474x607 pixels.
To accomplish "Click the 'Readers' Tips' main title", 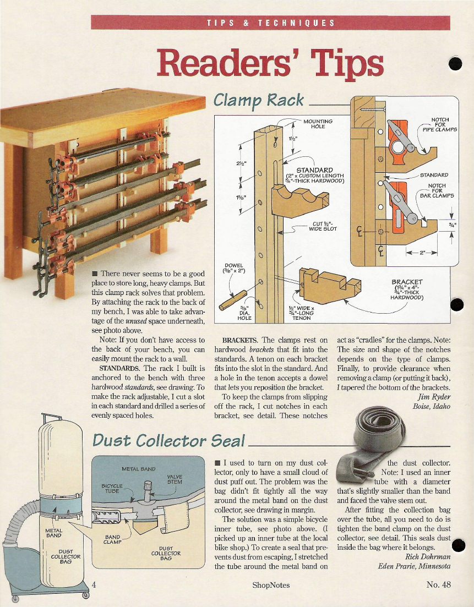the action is pyautogui.click(x=270, y=64).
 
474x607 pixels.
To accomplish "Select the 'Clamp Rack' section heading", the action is pyautogui.click(x=258, y=100).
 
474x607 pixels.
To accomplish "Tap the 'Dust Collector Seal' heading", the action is pyautogui.click(x=169, y=441).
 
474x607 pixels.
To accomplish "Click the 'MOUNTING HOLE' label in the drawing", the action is pyautogui.click(x=318, y=124).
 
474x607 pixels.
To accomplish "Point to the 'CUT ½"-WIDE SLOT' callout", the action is pyautogui.click(x=323, y=226).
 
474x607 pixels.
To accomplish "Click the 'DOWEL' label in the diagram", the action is pyautogui.click(x=233, y=266).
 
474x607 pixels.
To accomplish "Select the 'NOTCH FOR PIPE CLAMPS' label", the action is pyautogui.click(x=439, y=125).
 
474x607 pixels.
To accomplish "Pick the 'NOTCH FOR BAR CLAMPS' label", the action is pyautogui.click(x=437, y=190).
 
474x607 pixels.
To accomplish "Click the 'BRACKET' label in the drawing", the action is pyautogui.click(x=407, y=282).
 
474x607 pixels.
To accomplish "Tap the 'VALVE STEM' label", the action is pyautogui.click(x=175, y=479).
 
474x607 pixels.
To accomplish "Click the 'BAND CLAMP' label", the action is pyautogui.click(x=113, y=539).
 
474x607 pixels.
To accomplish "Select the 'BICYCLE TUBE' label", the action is pyautogui.click(x=112, y=488).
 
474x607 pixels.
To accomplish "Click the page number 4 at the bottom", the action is pyautogui.click(x=94, y=584).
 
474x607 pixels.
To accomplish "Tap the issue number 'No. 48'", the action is pyautogui.click(x=439, y=584).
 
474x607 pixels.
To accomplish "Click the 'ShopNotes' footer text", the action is pyautogui.click(x=271, y=585).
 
